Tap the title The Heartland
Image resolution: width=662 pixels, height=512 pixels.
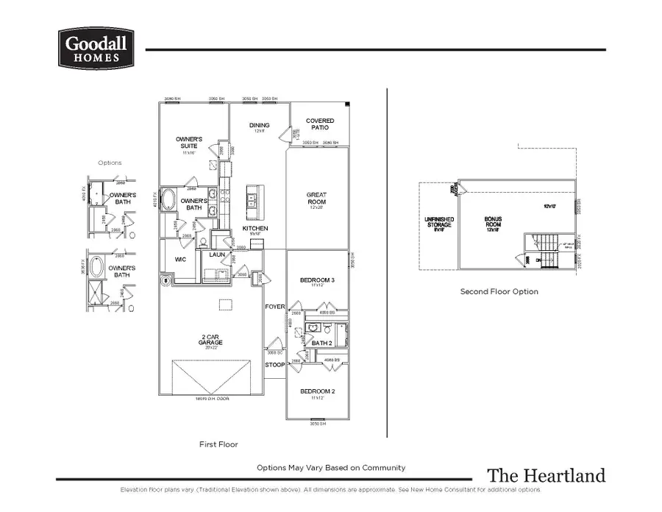(x=546, y=475)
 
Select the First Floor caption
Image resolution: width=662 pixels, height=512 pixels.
(x=218, y=444)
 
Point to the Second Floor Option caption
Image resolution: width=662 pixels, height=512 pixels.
(x=499, y=291)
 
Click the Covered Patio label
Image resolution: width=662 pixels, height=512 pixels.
(x=320, y=124)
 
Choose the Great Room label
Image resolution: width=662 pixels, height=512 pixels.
(x=317, y=199)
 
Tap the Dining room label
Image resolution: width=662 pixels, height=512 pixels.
(x=259, y=127)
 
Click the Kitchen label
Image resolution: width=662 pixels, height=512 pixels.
(x=255, y=229)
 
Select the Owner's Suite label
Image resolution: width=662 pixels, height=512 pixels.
(x=189, y=143)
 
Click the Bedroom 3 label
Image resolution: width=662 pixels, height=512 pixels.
(x=318, y=281)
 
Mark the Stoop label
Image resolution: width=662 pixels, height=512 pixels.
(x=274, y=364)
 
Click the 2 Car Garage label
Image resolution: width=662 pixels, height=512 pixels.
(x=210, y=340)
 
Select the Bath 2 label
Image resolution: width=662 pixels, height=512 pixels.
(x=321, y=343)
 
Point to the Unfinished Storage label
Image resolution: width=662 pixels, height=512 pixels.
(x=439, y=221)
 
